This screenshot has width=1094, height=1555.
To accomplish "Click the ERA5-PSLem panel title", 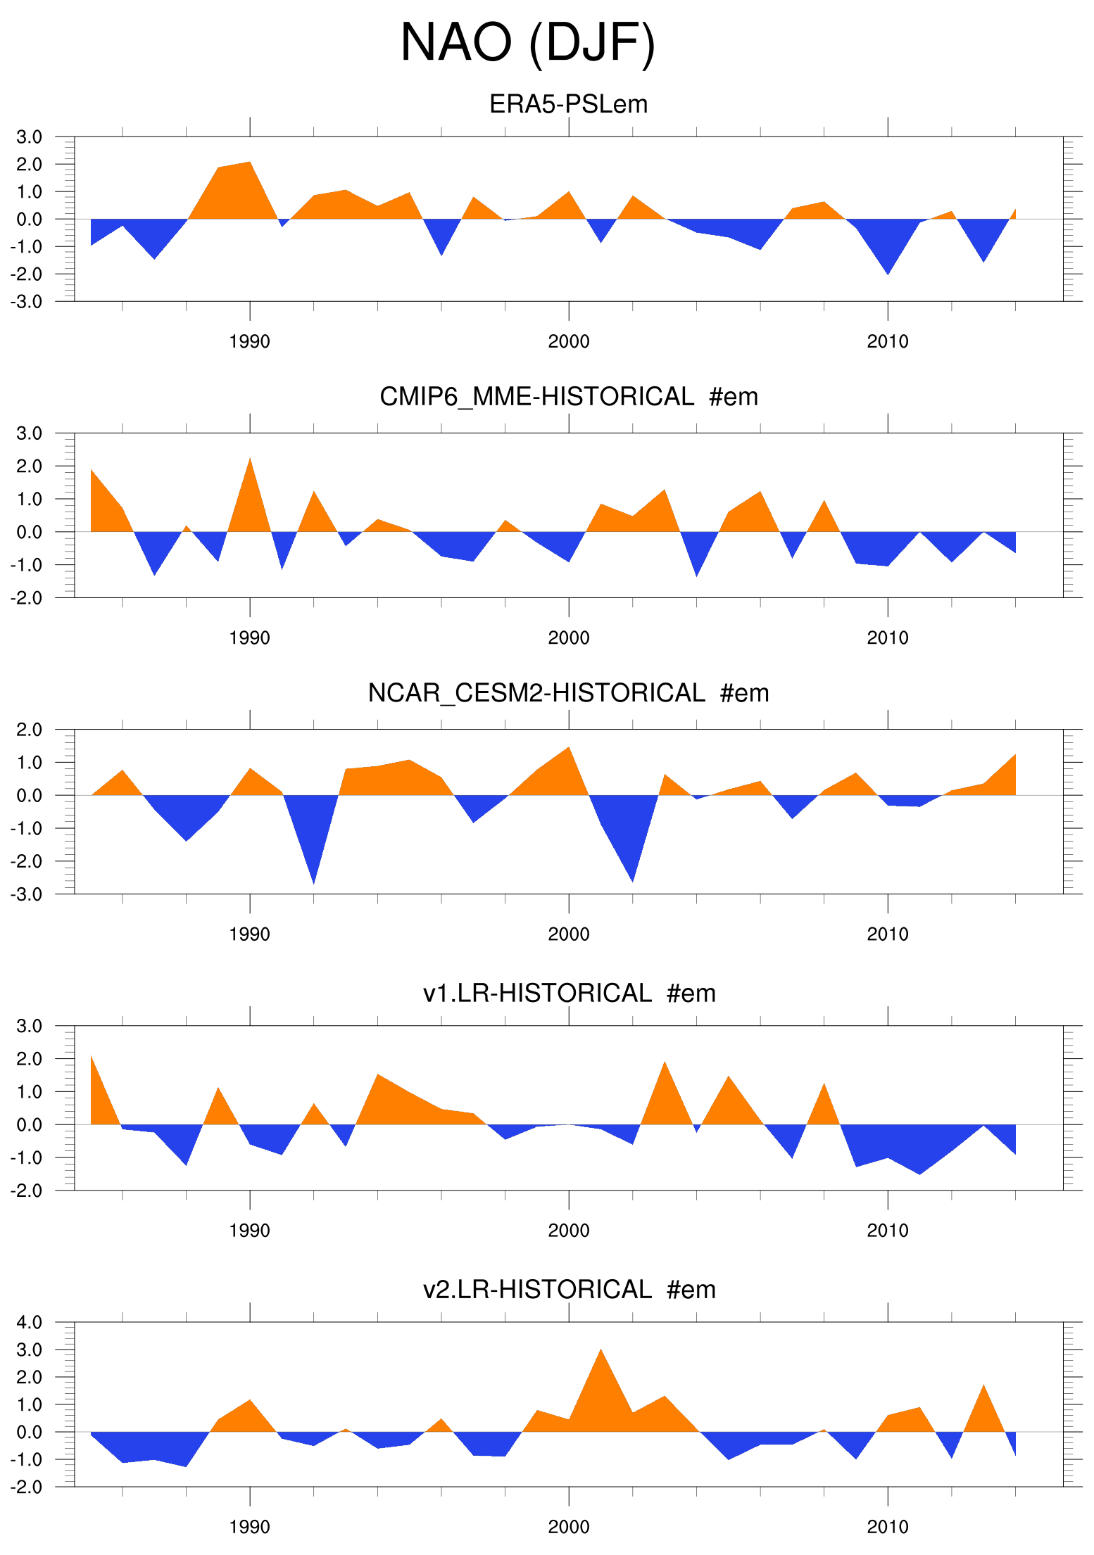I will point(568,104).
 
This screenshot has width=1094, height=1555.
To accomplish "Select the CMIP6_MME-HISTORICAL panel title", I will point(568,397).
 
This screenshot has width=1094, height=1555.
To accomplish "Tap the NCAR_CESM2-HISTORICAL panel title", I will point(568,693).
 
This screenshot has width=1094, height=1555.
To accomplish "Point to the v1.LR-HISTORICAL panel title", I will point(568,993).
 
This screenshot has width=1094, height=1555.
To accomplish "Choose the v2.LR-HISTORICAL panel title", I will point(568,1289).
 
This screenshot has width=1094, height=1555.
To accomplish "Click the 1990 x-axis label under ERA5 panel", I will point(249,342).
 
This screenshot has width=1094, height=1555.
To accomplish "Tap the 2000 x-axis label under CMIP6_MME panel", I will point(568,638).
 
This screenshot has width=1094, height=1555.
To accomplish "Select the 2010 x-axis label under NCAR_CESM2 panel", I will point(887,934).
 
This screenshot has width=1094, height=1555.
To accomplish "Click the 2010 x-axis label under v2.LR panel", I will point(887,1527).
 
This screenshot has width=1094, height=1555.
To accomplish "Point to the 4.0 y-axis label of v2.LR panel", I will point(30,1322).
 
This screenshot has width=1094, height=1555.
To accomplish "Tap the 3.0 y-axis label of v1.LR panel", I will point(30,1026).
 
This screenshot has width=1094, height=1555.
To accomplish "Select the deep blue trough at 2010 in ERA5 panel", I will point(887,264).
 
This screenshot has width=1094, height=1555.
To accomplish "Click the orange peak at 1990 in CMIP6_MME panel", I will point(249,471).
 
